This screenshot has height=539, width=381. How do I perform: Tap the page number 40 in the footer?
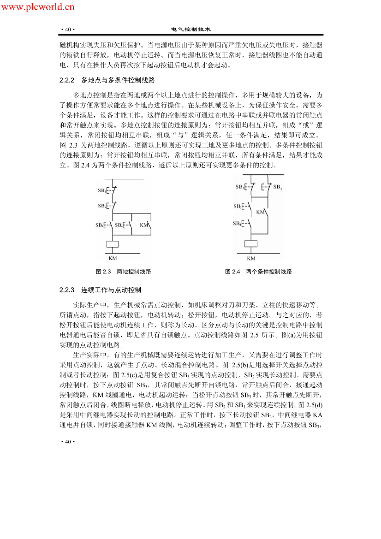(x=67, y=442)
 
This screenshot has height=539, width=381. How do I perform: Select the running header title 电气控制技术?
(x=191, y=29)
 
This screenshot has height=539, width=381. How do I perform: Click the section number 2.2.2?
(x=67, y=80)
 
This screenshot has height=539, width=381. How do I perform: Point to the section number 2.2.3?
(x=67, y=290)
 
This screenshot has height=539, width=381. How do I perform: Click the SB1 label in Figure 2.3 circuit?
(x=102, y=190)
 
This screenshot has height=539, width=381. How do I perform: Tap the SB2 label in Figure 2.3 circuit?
(x=102, y=206)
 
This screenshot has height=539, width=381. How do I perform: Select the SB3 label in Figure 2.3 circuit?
(x=100, y=225)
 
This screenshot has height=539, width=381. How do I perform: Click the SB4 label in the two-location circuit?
(x=119, y=225)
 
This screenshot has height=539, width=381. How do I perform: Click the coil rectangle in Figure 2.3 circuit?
(x=113, y=244)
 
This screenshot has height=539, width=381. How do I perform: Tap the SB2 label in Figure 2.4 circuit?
(x=278, y=188)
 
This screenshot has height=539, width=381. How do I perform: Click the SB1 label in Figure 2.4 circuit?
(x=239, y=187)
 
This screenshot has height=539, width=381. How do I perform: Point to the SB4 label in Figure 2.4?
(x=237, y=223)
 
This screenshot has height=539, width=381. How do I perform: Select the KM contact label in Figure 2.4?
(x=261, y=212)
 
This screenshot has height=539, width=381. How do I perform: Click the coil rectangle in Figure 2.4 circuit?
(x=250, y=244)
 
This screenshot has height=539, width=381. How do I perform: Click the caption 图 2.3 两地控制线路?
(x=123, y=272)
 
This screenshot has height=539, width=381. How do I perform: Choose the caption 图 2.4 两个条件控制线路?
(x=258, y=272)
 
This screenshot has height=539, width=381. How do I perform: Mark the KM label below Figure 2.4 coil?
(x=251, y=258)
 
